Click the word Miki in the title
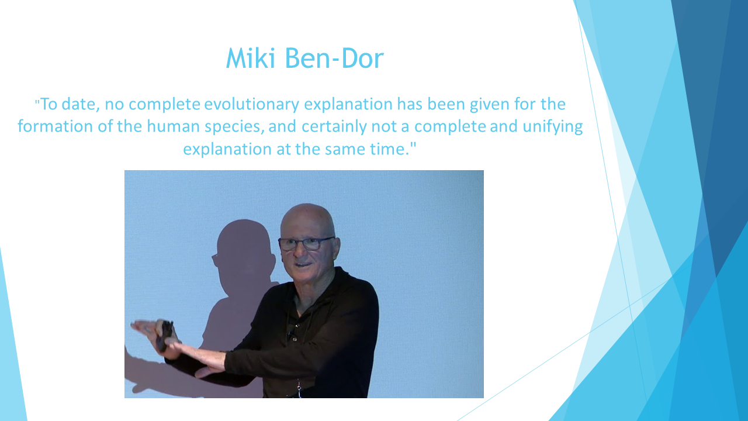coord(251,58)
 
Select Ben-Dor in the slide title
coord(334,58)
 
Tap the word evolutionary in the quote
coord(251,105)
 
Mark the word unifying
coord(552,127)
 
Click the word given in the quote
coord(490,105)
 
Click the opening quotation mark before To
coord(37,101)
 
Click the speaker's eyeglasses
coord(306,244)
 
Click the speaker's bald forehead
coord(307,220)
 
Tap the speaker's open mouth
coord(303,265)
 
